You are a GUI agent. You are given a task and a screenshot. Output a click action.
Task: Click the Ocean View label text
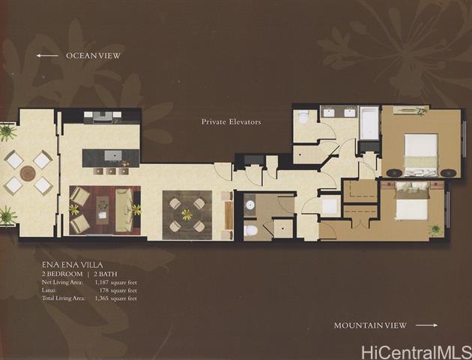pyautogui.click(x=93, y=55)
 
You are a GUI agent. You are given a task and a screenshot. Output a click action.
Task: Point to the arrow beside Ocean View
pyautogui.click(x=47, y=55)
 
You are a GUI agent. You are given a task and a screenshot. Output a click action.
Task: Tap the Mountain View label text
pyautogui.click(x=370, y=325)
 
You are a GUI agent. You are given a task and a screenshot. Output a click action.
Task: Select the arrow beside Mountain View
pyautogui.click(x=426, y=325)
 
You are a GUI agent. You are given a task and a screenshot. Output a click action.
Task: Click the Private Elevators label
pyautogui.click(x=231, y=122)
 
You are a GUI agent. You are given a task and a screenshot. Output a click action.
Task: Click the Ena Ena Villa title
pyautogui.click(x=72, y=265)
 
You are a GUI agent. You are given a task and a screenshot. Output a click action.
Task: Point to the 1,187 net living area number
pyautogui.click(x=101, y=283)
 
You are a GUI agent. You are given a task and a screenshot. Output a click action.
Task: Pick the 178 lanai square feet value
pyautogui.click(x=103, y=290)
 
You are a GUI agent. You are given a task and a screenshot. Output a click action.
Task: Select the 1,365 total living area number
pyautogui.click(x=101, y=298)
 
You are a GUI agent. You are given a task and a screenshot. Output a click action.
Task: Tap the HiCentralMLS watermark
pyautogui.click(x=417, y=352)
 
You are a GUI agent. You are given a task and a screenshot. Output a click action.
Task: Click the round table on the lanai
pyautogui.click(x=28, y=173)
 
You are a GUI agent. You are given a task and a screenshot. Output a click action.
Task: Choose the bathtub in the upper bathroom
pyautogui.click(x=369, y=123)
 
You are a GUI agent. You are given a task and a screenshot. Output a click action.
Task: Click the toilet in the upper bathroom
pyautogui.click(x=303, y=116)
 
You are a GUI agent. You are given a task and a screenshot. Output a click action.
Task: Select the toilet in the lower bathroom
pyautogui.click(x=250, y=231)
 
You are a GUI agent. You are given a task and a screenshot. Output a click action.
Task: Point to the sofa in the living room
pyautogui.click(x=124, y=210)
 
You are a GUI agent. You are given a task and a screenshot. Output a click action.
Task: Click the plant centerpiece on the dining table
pyautogui.click(x=187, y=214)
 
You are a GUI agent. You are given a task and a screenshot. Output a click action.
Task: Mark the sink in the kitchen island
pyautogui.click(x=113, y=155)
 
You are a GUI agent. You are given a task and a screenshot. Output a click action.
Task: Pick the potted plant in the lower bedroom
pyautogui.click(x=435, y=229)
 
